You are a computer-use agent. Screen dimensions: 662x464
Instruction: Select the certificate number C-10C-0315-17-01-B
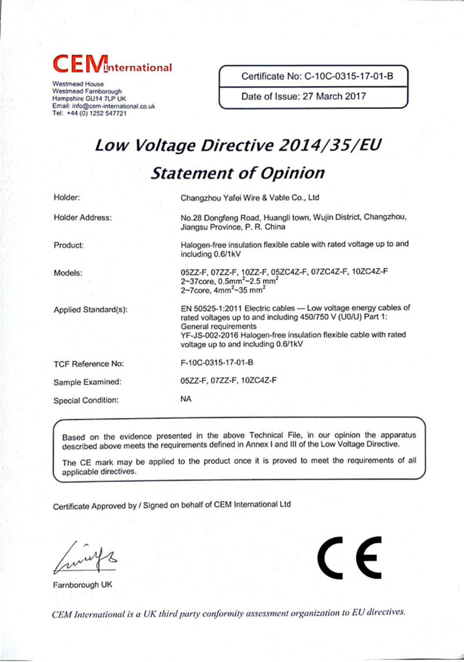tap(351, 75)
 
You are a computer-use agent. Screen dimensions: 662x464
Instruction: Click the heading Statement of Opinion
tap(237, 172)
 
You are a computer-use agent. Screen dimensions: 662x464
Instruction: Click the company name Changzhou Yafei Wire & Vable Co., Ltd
tap(251, 197)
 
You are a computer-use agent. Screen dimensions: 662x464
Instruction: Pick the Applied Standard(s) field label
tap(90, 309)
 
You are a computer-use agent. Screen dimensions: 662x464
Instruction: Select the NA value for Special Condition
tap(186, 400)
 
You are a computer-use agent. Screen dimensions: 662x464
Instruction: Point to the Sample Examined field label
tap(87, 382)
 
